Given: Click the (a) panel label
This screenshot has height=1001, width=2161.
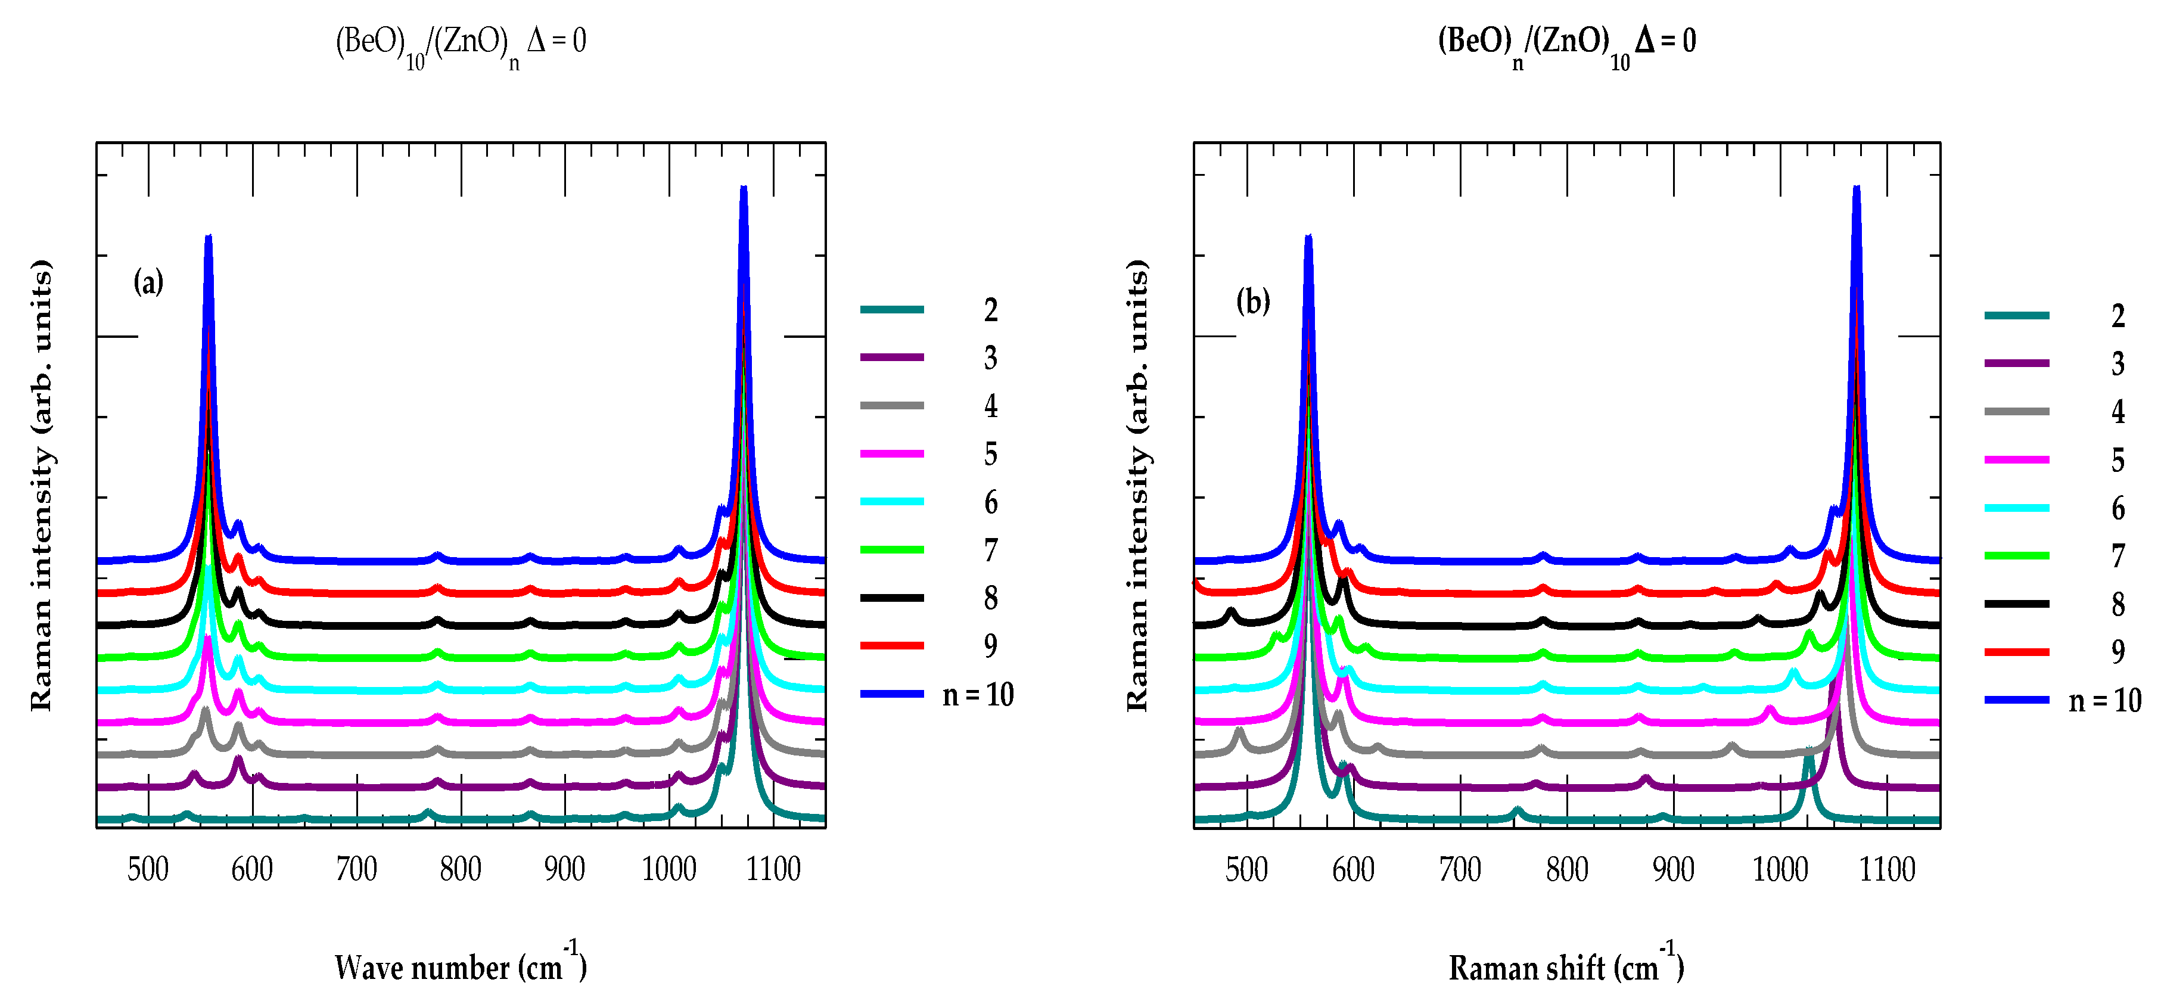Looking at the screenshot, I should tap(148, 282).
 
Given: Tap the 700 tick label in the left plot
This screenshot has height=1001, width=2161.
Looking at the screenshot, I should tap(356, 869).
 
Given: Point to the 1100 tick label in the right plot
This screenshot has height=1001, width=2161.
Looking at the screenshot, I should tap(1887, 869).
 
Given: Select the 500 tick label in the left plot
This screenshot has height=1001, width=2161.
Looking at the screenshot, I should tap(148, 869).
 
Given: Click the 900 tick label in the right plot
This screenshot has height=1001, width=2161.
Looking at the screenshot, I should tap(1674, 869).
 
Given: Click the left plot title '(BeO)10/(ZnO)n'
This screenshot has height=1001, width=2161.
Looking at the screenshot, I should tap(461, 42).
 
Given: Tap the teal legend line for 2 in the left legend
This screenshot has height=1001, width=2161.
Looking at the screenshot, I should tap(892, 310).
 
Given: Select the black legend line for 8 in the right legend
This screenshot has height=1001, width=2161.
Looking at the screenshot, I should tap(2017, 604).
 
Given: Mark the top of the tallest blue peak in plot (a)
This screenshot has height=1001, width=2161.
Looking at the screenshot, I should tap(743, 189).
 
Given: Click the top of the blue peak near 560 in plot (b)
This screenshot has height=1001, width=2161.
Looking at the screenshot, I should tap(1308, 239).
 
